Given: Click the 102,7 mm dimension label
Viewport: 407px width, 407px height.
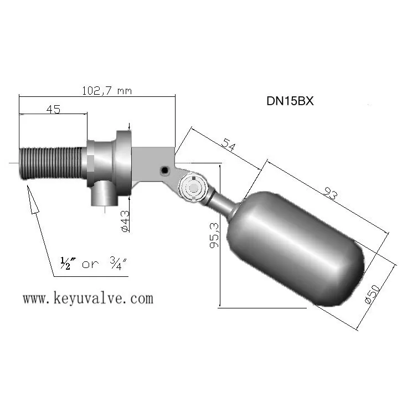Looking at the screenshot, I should pos(107,90).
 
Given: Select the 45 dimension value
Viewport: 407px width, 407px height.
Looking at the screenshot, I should pos(53,109).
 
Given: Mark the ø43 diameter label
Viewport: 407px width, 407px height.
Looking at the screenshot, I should pos(125,220).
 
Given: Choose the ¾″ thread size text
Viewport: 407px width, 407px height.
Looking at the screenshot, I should pos(117,264).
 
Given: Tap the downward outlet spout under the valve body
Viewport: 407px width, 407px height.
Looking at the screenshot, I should pos(102,193).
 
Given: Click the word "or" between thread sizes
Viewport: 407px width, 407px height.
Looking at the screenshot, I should pos(91,265).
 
